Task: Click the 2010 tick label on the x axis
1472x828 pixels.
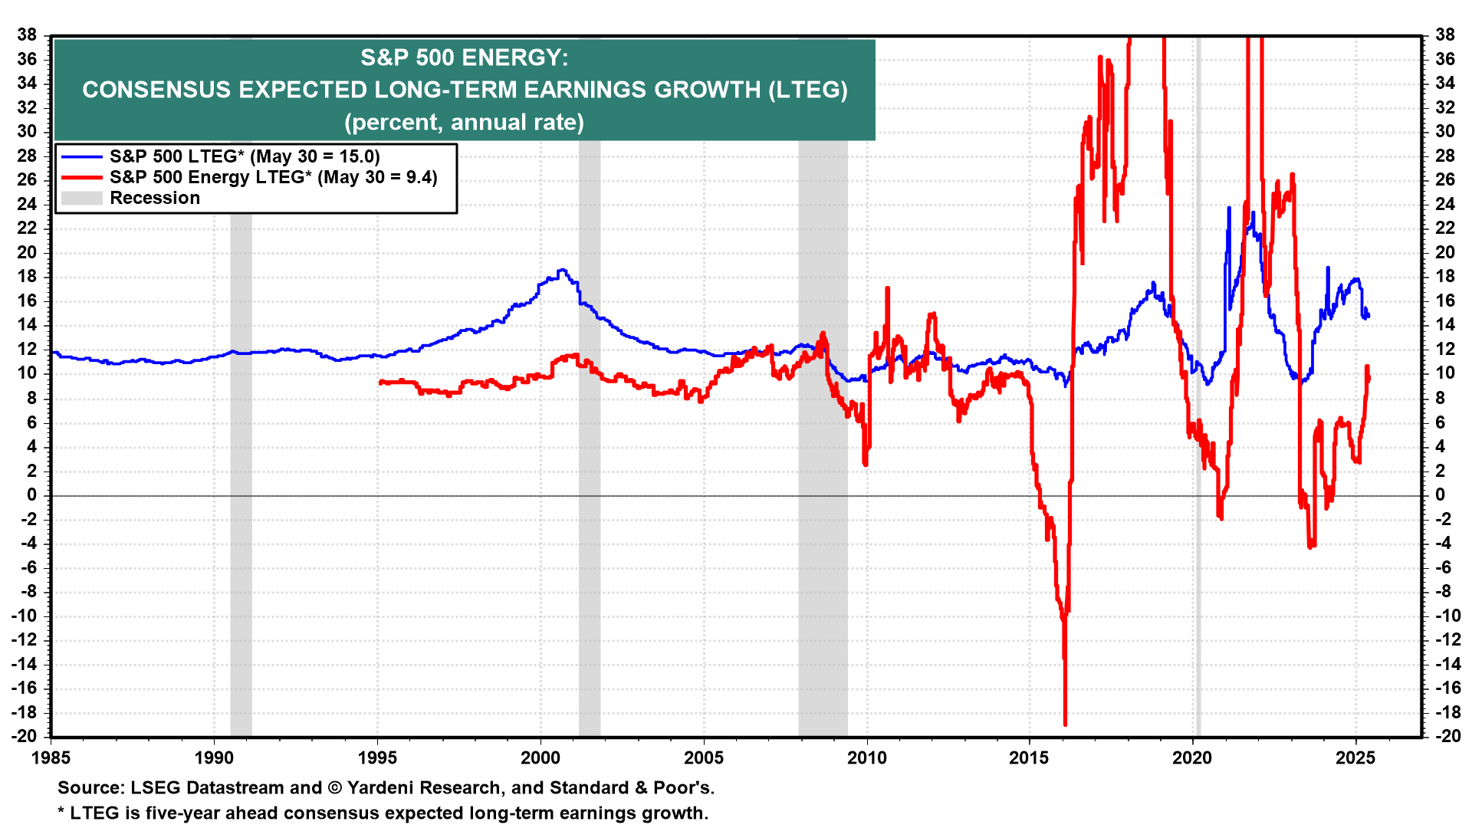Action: pos(866,758)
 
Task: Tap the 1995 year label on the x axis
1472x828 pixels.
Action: pos(377,758)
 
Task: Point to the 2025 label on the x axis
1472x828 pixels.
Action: pos(1355,758)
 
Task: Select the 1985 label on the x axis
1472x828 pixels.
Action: pos(51,758)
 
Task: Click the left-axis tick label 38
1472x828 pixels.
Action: pos(28,34)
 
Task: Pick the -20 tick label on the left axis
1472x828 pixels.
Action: pos(25,736)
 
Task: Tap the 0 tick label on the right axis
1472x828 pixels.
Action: pos(1441,495)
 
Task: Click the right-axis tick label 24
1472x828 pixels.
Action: pos(1444,204)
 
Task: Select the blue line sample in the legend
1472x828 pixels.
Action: pos(81,156)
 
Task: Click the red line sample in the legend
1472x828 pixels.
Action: pos(81,177)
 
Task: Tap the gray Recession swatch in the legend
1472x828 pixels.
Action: pos(81,198)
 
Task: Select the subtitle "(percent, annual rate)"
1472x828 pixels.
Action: pos(464,123)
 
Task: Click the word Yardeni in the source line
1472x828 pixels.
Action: pos(382,788)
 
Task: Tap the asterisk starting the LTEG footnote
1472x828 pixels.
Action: pos(61,813)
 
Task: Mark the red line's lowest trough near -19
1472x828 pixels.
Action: pos(1065,724)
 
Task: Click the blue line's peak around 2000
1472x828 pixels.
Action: pos(562,270)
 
